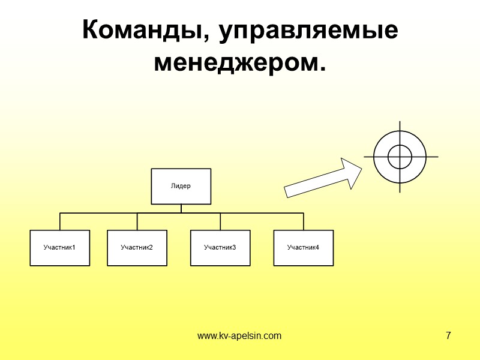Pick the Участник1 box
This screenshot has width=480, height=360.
coord(60,248)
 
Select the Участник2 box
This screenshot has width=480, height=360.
coord(137,248)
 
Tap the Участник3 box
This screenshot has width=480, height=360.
coord(220,248)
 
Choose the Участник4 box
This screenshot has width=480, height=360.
coord(304,248)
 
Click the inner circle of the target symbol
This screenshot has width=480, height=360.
coord(400,157)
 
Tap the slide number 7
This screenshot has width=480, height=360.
coord(448,335)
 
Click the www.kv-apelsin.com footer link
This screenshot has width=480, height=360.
coord(239,335)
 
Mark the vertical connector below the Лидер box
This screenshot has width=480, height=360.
coord(181,209)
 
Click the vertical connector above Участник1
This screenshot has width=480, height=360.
coord(60,221)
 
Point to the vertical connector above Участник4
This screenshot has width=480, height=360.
coord(304,221)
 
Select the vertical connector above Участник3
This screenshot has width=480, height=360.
coord(220,221)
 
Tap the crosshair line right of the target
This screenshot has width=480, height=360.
coord(433,157)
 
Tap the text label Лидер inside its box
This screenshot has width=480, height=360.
coord(181,186)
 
